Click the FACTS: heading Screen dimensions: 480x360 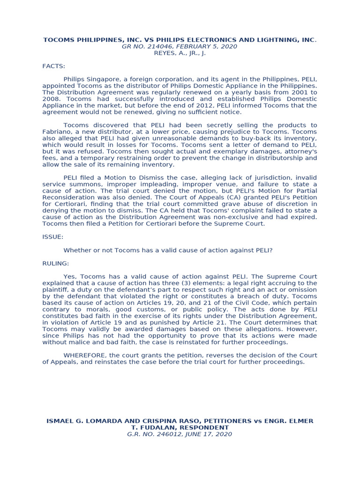tap(54, 66)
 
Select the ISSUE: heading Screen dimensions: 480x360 tap(52, 237)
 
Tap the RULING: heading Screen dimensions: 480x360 tap(55, 263)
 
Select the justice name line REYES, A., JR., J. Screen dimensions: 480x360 tap(180, 53)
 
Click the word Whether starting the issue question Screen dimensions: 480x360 tap(77, 250)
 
